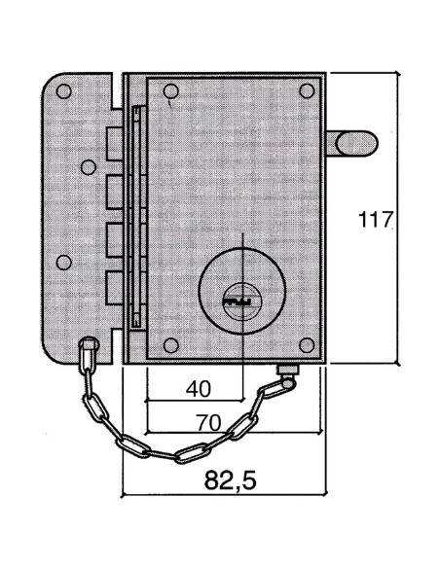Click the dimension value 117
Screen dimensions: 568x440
[374, 220]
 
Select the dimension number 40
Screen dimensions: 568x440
[198, 388]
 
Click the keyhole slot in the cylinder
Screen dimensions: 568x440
[238, 302]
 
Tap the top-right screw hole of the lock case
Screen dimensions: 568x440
[307, 91]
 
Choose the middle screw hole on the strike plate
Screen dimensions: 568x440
[64, 261]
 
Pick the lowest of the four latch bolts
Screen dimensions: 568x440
[114, 284]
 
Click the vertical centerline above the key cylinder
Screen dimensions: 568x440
[238, 248]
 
